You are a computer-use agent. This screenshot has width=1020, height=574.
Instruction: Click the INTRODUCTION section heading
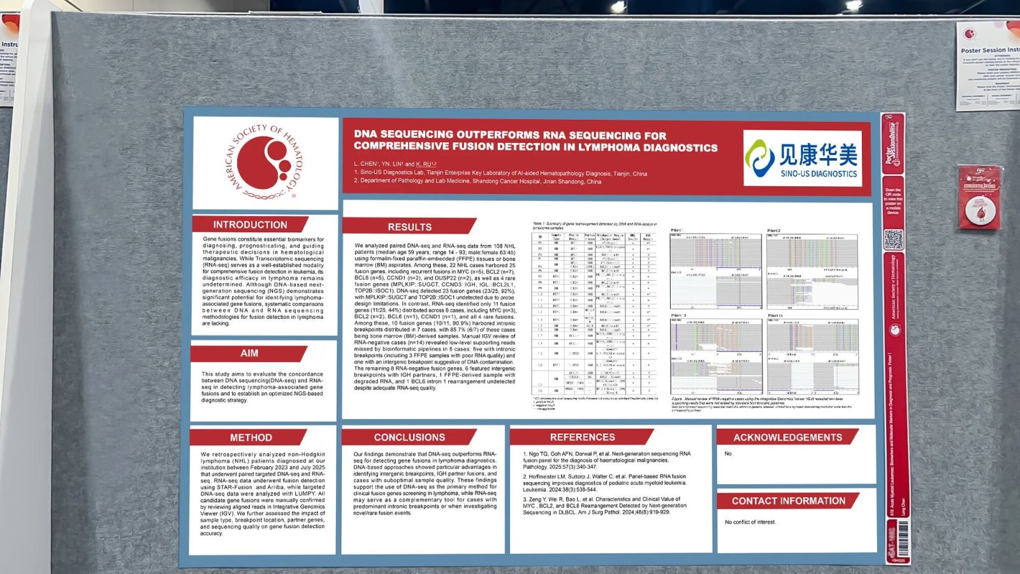pyautogui.click(x=250, y=224)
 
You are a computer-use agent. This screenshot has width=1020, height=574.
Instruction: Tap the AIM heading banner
pyautogui.click(x=249, y=353)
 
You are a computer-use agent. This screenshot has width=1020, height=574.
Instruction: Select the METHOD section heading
pyautogui.click(x=251, y=438)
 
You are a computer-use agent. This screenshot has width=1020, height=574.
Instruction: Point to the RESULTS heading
pyautogui.click(x=409, y=227)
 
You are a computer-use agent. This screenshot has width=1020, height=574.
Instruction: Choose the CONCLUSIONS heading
pyautogui.click(x=409, y=438)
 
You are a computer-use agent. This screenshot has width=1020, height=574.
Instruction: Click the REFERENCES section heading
pyautogui.click(x=582, y=438)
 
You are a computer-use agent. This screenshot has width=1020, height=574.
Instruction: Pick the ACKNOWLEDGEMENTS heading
pyautogui.click(x=787, y=438)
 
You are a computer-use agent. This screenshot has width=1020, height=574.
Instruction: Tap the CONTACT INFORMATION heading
pyautogui.click(x=788, y=501)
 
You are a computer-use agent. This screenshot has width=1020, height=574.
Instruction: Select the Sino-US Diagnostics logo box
pyautogui.click(x=802, y=158)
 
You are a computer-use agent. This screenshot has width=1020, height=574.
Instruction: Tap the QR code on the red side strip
pyautogui.click(x=893, y=240)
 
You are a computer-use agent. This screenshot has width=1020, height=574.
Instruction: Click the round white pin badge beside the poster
pyautogui.click(x=979, y=211)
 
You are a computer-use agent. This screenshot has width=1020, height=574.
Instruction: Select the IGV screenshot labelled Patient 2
pyautogui.click(x=812, y=271)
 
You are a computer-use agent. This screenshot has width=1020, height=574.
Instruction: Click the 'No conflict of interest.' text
pyautogui.click(x=750, y=522)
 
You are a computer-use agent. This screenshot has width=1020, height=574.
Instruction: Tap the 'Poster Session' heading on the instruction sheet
pyautogui.click(x=989, y=50)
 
